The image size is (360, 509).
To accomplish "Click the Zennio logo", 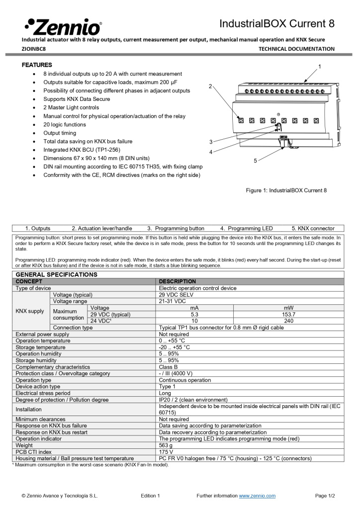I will (x=63, y=25).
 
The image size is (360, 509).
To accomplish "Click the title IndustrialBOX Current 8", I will (x=277, y=24).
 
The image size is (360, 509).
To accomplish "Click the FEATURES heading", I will (x=37, y=65).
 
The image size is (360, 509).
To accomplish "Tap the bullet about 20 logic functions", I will (x=64, y=125).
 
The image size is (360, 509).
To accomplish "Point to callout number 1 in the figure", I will (x=320, y=66).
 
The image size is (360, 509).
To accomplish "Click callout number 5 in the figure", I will (x=256, y=161).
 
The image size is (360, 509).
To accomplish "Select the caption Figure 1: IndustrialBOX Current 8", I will (x=286, y=190).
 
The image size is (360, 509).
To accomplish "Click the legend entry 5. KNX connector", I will (x=313, y=229).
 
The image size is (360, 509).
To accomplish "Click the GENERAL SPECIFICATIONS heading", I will (x=57, y=274).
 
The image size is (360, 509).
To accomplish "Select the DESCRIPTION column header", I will (x=177, y=281).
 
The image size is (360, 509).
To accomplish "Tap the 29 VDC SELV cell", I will (x=176, y=295).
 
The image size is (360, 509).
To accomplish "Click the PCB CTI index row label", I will (x=34, y=452).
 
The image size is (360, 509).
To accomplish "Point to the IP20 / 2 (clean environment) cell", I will (x=193, y=400).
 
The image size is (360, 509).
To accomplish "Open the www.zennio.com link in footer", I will (x=257, y=496).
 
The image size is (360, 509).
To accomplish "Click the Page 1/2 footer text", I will (x=325, y=496).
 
